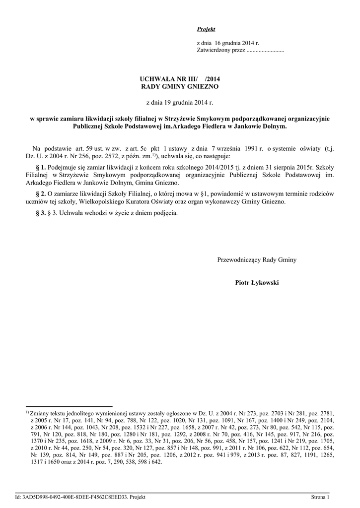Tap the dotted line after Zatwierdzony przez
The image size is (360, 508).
coord(265,51)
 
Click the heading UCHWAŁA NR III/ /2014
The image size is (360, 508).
coord(179,79)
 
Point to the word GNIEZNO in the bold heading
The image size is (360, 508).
coord(202,86)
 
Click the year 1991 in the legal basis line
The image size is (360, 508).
coord(246,148)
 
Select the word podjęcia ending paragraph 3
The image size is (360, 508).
coord(164,213)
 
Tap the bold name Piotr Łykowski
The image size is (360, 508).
coord(257,282)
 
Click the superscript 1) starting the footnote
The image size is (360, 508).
coord(27,412)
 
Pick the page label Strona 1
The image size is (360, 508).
coord(320,497)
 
